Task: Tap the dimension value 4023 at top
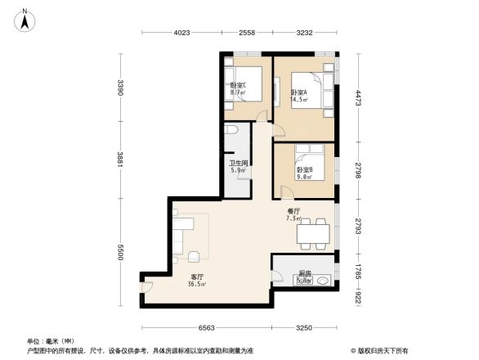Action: pos(181,33)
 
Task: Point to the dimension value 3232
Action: pos(304,33)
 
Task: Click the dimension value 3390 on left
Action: pos(120,87)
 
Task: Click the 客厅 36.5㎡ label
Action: pos(197,281)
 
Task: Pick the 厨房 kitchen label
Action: pos(303,273)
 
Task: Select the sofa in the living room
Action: pos(178,232)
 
